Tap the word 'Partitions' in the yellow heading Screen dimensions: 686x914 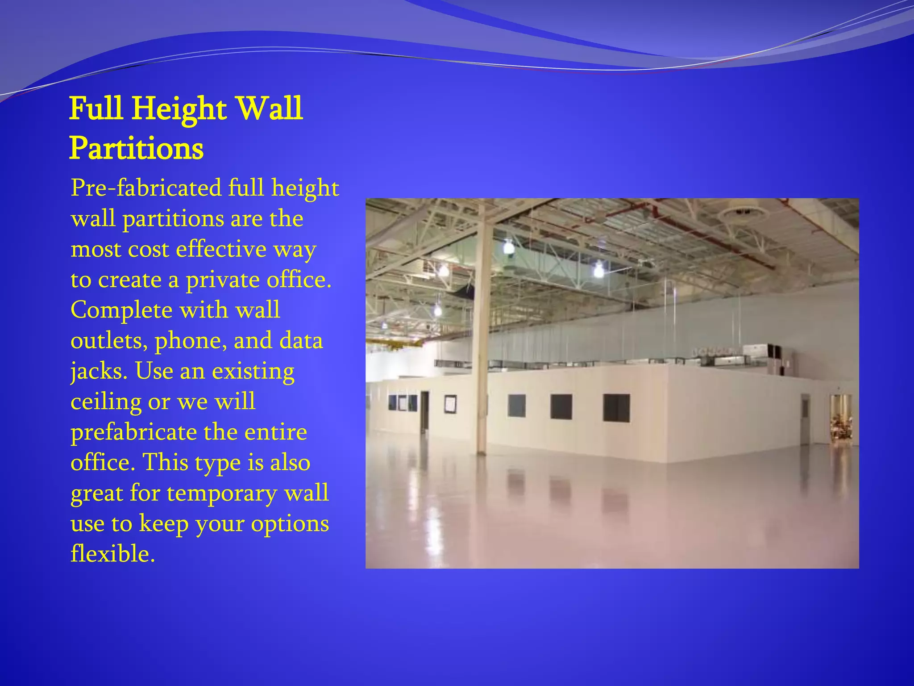coord(136,148)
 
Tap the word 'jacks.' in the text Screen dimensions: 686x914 coord(99,371)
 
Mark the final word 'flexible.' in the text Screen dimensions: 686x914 coord(112,554)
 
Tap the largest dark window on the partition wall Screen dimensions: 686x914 coord(616,408)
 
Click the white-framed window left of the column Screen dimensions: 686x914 coord(450,404)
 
